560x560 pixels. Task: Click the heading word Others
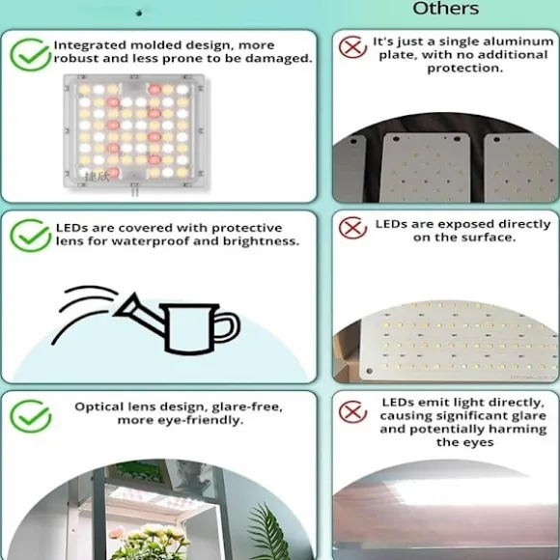445,9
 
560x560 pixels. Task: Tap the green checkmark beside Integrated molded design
30,55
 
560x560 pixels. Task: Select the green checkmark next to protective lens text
30,236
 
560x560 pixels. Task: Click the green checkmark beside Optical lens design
30,416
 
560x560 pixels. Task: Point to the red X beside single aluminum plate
352,46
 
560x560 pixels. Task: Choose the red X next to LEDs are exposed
352,228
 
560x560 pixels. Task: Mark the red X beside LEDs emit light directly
352,411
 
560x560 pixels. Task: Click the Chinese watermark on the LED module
97,176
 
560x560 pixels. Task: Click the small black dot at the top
139,14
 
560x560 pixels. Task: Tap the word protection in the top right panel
465,69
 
